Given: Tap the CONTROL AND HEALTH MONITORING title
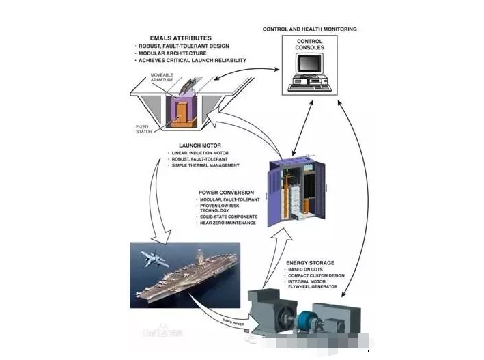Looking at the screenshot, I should pyautogui.click(x=309, y=29).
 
